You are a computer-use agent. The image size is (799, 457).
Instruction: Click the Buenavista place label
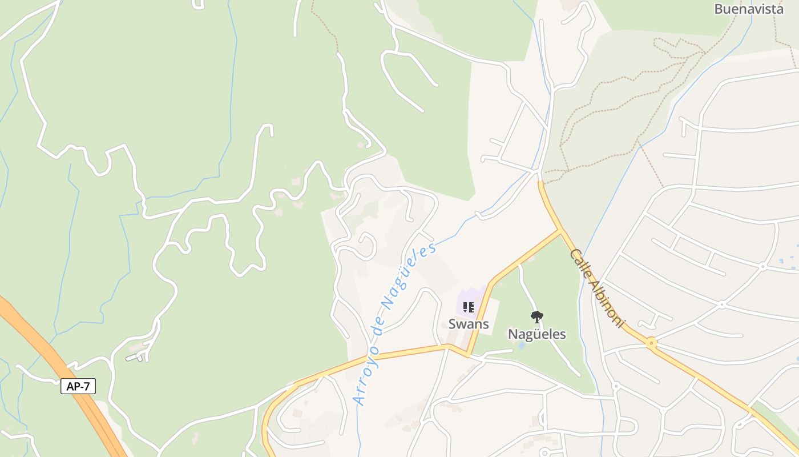tap(749, 9)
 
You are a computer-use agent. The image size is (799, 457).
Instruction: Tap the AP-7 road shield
tap(78, 386)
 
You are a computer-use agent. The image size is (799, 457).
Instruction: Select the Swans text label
tap(469, 324)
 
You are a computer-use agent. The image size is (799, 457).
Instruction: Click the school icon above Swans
tap(469, 307)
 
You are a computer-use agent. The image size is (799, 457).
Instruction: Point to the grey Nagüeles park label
tap(536, 334)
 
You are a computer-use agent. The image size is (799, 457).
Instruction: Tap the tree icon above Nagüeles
tap(536, 316)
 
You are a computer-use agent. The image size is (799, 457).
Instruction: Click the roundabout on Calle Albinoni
tap(651, 343)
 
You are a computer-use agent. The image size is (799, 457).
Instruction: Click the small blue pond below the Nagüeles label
tap(520, 346)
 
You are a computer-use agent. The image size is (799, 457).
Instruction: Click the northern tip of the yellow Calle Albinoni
tap(540, 183)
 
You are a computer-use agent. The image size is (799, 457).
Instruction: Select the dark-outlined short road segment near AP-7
tap(134, 358)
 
